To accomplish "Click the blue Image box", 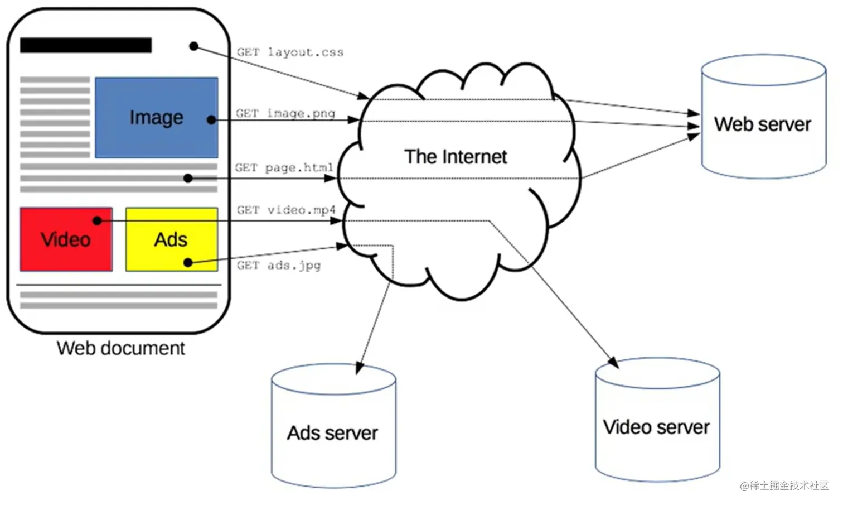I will pyautogui.click(x=156, y=117).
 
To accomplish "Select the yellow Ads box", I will pyautogui.click(x=171, y=239).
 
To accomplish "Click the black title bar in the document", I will pyautogui.click(x=86, y=45).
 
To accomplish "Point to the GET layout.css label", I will pyautogui.click(x=290, y=52).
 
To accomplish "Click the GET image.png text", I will pyautogui.click(x=285, y=113).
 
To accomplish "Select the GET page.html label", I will pyautogui.click(x=284, y=167).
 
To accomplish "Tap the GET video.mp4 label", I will pyautogui.click(x=286, y=210).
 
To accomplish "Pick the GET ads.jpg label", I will pyautogui.click(x=279, y=266).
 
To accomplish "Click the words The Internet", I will pyautogui.click(x=456, y=157).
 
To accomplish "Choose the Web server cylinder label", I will pyautogui.click(x=763, y=124).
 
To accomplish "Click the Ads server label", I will pyautogui.click(x=333, y=433).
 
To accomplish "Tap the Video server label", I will pyautogui.click(x=656, y=427).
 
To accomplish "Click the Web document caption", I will pyautogui.click(x=120, y=348).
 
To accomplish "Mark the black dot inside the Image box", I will pyautogui.click(x=211, y=120).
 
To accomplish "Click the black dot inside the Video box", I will pyautogui.click(x=97, y=221).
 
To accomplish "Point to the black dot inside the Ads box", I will pyautogui.click(x=188, y=262).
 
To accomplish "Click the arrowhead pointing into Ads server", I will pyautogui.click(x=358, y=369).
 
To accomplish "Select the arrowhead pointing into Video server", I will pyautogui.click(x=614, y=363).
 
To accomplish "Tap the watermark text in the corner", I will pyautogui.click(x=784, y=485).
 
